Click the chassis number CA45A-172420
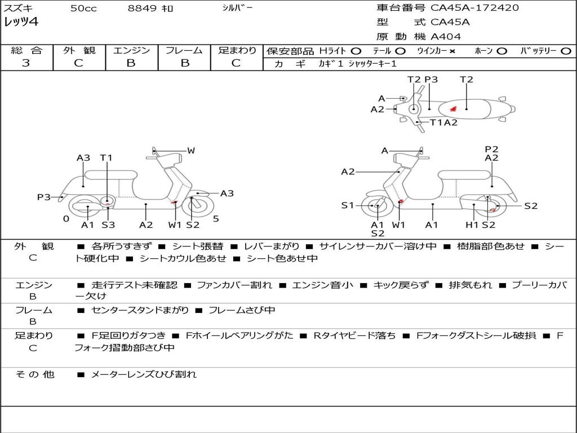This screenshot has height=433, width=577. coord(474,8)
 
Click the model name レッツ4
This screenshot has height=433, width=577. coord(21,23)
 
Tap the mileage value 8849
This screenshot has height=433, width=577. coord(142,8)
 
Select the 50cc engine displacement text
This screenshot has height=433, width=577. coord(83,8)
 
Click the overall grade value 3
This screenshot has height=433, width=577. coord(26,63)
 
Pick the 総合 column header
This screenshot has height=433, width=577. coord(26,50)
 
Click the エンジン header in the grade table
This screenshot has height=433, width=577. coord(131,50)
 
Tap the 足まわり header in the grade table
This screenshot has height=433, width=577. coord(237,50)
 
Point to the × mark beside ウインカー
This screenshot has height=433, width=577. coord(452,51)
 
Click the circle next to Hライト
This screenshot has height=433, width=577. coord(356,51)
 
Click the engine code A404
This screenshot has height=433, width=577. coord(446,37)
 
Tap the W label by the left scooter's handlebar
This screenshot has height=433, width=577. coord(191,151)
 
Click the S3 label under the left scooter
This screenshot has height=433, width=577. coord(108,225)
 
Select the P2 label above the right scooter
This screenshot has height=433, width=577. coord(491,149)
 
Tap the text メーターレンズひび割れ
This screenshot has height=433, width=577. coord(144,374)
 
